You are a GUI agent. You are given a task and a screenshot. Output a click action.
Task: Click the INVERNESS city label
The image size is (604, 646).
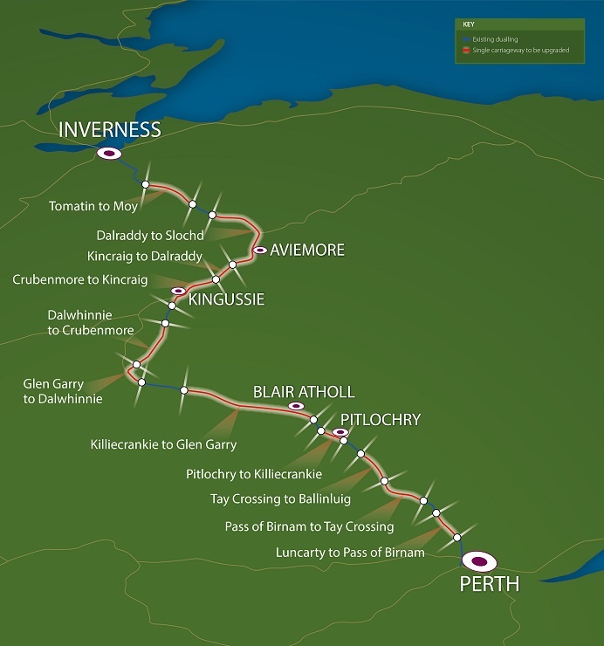pos(110,130)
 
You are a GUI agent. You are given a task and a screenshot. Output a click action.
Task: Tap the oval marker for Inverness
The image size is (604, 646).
pos(109,154)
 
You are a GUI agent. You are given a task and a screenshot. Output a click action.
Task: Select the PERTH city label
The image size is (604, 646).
pos(489,584)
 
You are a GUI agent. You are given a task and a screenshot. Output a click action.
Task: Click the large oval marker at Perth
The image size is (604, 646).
pos(479,560)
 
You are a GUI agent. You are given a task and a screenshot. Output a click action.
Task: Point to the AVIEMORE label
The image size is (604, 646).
pos(307,251)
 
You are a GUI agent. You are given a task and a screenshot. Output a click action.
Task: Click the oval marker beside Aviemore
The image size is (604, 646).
pos(259,251)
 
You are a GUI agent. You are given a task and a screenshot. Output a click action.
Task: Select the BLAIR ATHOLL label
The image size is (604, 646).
pos(304,392)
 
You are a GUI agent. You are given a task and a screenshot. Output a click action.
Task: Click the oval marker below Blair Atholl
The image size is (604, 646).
pos(296,406)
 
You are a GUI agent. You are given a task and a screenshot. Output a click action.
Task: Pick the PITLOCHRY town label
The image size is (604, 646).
pos(381,420)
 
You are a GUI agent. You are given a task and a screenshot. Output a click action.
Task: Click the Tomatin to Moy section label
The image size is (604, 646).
pos(93,206)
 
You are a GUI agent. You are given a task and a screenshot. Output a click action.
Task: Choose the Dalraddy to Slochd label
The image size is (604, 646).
pos(151,236)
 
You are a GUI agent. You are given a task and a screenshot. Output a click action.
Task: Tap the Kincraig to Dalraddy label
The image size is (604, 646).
pos(145,257)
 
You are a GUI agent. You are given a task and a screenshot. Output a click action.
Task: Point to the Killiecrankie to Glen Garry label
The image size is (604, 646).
pos(163,444)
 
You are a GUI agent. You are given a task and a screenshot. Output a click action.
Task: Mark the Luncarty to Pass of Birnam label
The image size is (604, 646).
pos(350,553)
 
